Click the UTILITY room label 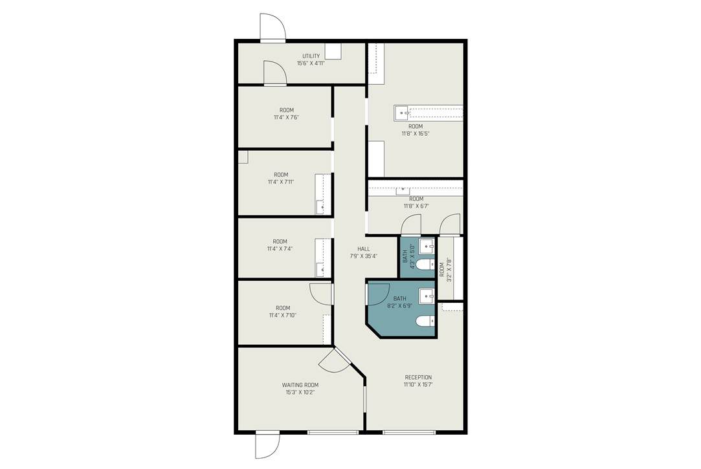(311, 56)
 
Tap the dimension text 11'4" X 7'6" (287, 118)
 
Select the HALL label (364, 249)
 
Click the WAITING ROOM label (300, 385)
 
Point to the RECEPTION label (418, 377)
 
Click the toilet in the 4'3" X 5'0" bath (425, 265)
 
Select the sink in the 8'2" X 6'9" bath (427, 295)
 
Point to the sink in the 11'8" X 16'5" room (401, 113)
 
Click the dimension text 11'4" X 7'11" (281, 182)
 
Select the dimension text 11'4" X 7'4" (280, 249)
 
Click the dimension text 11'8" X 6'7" (416, 206)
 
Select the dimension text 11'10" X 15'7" (418, 384)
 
